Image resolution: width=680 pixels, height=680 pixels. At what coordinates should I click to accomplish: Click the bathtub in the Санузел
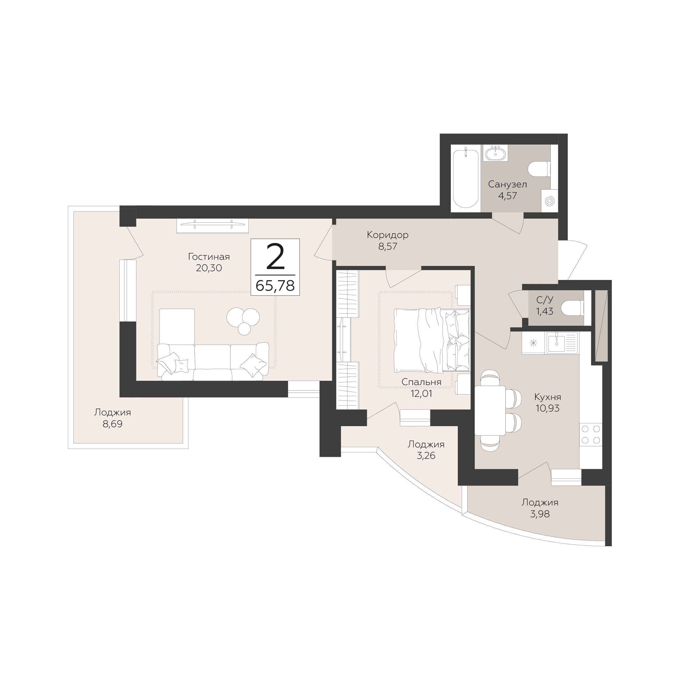coord(466,178)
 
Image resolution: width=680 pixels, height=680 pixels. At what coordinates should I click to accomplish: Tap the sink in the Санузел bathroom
coord(495,153)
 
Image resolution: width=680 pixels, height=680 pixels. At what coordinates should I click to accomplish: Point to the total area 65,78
coord(275,286)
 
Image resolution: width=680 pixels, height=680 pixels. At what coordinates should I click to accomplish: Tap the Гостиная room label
coord(209,256)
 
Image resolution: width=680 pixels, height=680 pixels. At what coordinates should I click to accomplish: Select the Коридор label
coord(388,235)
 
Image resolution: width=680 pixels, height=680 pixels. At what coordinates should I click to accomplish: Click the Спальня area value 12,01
coord(421,394)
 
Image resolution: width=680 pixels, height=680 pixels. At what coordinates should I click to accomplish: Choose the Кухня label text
coord(548,397)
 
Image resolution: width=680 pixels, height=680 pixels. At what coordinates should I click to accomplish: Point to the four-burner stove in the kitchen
coord(591,434)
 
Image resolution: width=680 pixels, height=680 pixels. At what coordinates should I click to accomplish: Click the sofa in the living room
coord(213,362)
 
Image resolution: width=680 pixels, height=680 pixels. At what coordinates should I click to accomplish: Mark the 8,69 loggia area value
coord(112,424)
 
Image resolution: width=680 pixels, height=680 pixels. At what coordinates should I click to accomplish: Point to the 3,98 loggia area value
coord(540,514)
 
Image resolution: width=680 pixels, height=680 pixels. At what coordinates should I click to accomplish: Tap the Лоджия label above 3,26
coord(426,444)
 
